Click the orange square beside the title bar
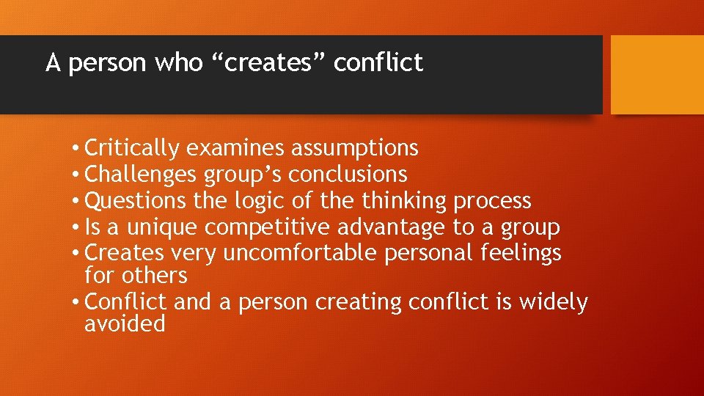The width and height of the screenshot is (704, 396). [x=657, y=75]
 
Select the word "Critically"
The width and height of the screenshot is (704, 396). [x=132, y=149]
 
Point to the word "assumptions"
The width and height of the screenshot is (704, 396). [x=355, y=149]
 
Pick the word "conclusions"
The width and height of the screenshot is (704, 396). [x=348, y=175]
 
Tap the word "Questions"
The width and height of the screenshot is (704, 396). [x=136, y=201]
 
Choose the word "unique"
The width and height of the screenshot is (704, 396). [x=162, y=227]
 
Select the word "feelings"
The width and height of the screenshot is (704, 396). [x=521, y=254]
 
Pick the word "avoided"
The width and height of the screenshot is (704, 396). [x=125, y=324]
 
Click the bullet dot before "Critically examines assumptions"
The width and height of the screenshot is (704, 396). [x=76, y=149]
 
